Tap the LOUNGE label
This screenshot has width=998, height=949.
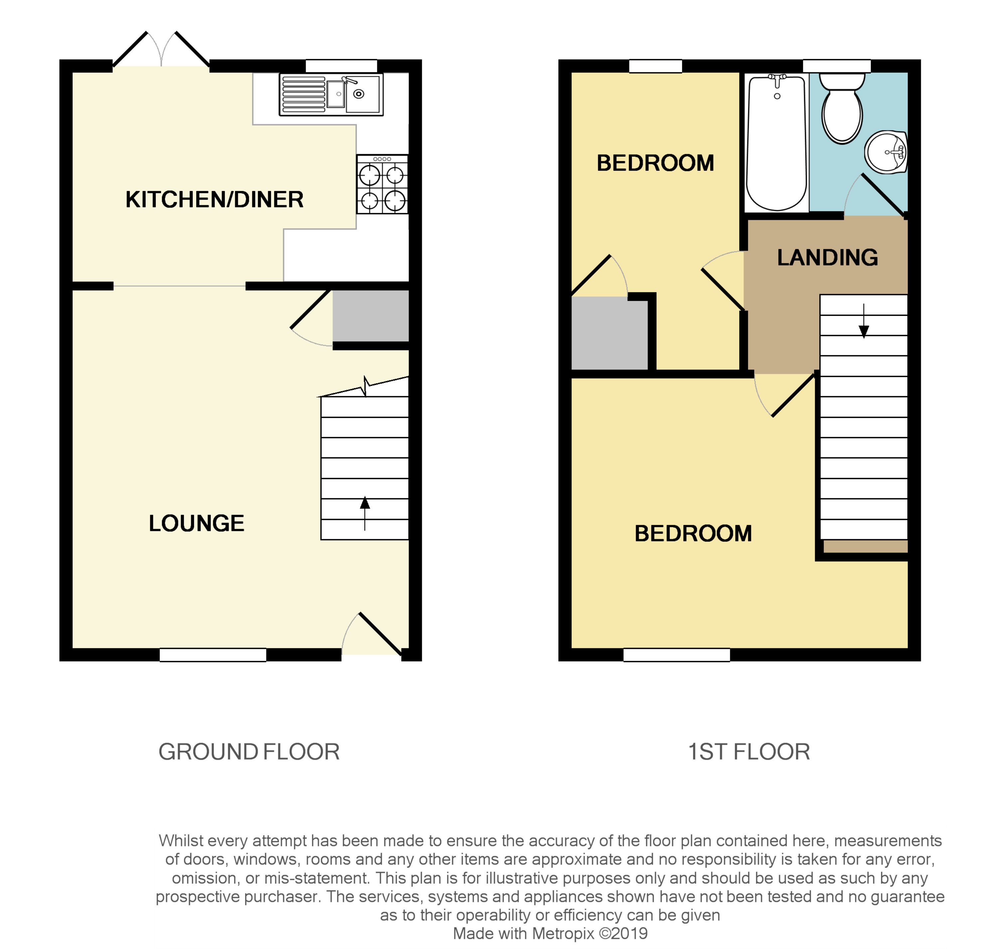(196, 523)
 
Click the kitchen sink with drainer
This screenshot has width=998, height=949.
(331, 94)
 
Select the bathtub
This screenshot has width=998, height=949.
(776, 143)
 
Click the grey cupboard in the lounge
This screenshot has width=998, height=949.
(371, 316)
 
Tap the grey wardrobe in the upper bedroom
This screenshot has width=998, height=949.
(609, 333)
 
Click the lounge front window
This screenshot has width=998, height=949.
(213, 655)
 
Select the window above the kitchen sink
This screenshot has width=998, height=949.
(341, 66)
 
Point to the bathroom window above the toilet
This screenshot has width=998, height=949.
(837, 66)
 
